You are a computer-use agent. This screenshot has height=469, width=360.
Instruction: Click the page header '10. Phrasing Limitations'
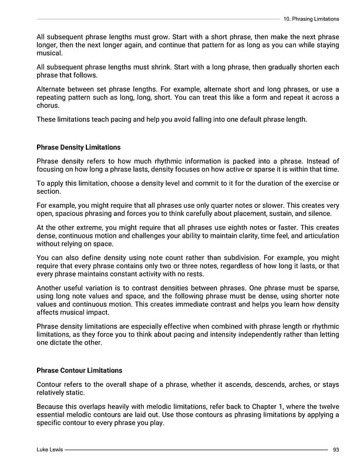click(x=311, y=19)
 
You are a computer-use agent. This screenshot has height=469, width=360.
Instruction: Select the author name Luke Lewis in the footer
click(x=49, y=449)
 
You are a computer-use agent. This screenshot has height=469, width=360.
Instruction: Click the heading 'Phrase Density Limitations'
click(x=78, y=147)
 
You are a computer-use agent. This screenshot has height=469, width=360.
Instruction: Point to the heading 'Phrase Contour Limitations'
click(x=79, y=370)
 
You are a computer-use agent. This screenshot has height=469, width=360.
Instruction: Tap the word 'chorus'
click(x=48, y=106)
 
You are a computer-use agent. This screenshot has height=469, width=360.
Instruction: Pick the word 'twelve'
click(x=328, y=406)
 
